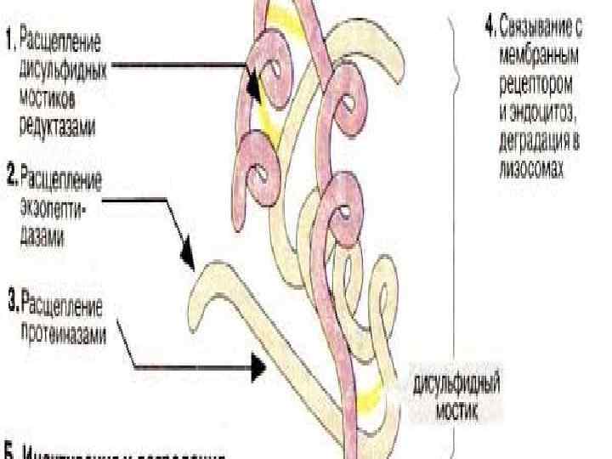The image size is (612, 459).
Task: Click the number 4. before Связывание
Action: [490, 26]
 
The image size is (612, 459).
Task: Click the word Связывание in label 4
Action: [541, 26]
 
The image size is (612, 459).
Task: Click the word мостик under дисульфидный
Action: [456, 411]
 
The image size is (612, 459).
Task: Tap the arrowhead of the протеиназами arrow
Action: [259, 367]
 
